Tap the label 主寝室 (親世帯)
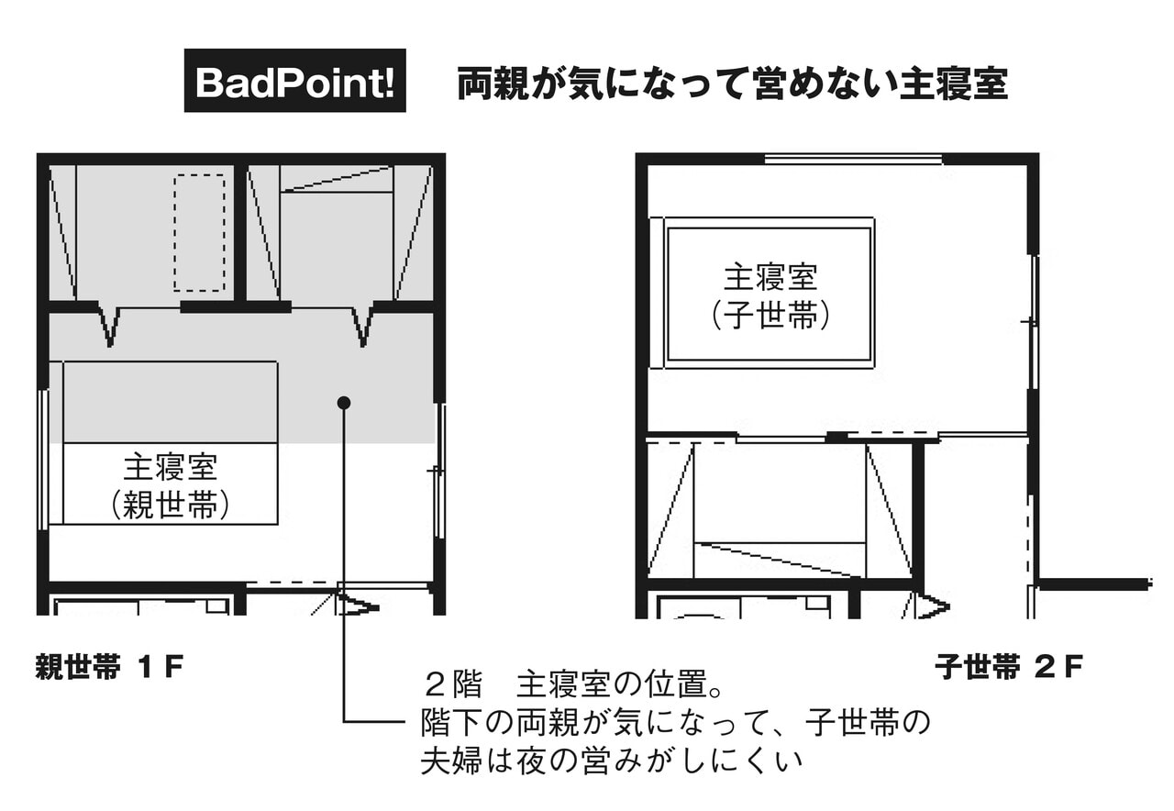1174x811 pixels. [171, 485]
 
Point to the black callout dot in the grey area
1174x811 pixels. [344, 403]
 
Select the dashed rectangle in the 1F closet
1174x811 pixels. [199, 233]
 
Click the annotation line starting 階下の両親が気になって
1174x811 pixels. [675, 723]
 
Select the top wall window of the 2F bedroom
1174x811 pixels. [853, 160]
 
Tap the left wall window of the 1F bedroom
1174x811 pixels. [43, 460]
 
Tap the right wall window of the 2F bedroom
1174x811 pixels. [1034, 321]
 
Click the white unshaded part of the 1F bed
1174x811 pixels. [171, 484]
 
